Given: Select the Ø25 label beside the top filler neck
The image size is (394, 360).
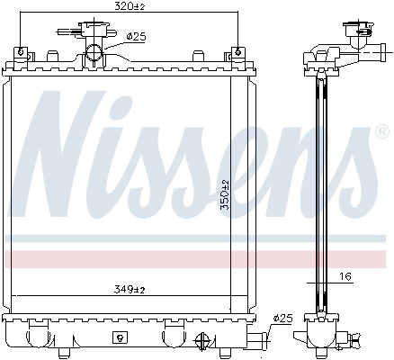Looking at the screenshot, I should click(x=136, y=37).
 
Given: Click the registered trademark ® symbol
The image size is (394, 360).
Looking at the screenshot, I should click(x=381, y=133).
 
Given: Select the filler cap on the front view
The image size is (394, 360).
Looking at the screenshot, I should click(x=94, y=32).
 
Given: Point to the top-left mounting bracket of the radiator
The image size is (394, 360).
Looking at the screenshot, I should click(x=26, y=57).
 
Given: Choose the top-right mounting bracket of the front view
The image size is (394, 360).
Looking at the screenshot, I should click(x=237, y=57).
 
